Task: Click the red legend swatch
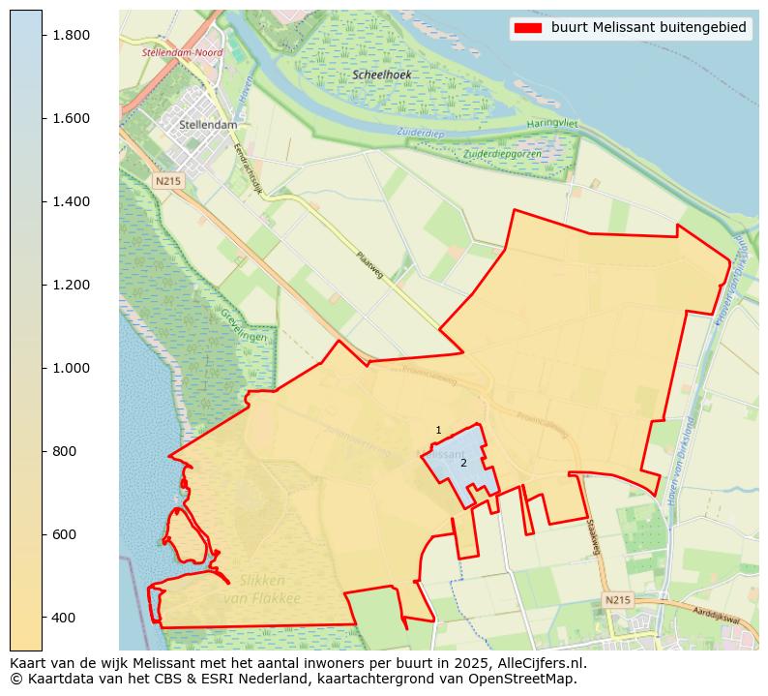(x=528, y=27)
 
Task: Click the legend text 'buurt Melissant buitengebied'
(x=648, y=27)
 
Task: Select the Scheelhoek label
(x=382, y=75)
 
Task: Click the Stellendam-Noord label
(x=182, y=52)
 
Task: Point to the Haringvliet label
(x=551, y=124)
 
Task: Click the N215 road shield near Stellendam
(x=167, y=181)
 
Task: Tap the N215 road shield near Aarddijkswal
(x=617, y=600)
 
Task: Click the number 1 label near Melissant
(x=438, y=430)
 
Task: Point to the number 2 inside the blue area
(x=463, y=463)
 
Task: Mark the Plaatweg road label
(x=369, y=265)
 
